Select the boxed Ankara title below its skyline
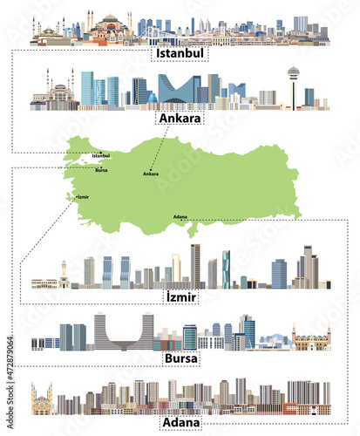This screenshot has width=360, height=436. click(x=179, y=118)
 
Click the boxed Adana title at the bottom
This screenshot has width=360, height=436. click(x=180, y=423)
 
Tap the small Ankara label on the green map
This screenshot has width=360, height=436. click(x=150, y=174)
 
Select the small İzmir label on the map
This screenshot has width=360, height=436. click(x=83, y=197)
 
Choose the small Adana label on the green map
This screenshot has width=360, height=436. click(x=180, y=215)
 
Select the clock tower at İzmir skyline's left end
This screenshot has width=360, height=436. click(x=64, y=274)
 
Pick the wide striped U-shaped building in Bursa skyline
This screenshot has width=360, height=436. click(x=122, y=332)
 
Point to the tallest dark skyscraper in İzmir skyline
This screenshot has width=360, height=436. click(x=195, y=264)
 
